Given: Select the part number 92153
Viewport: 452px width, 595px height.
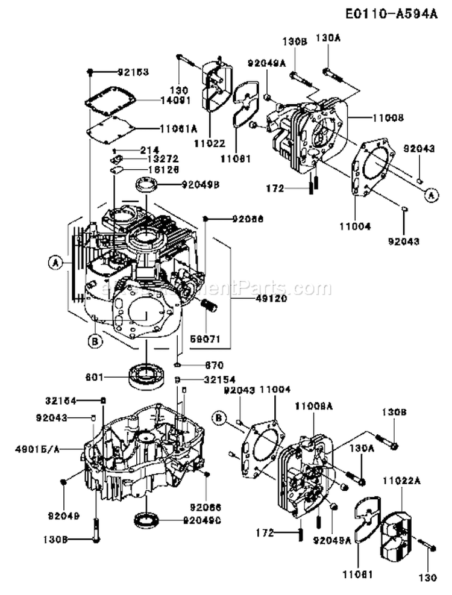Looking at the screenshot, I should tap(133, 72).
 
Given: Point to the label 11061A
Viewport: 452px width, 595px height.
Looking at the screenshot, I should tap(178, 128).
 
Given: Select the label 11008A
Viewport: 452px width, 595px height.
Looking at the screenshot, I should tap(313, 407).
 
